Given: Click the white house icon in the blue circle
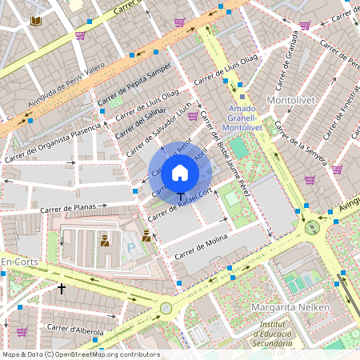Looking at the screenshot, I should [x=180, y=172].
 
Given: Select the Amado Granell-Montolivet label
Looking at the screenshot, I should [x=242, y=118].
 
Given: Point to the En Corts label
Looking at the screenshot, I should [x=19, y=262].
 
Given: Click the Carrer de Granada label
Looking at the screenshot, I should [x=288, y=60].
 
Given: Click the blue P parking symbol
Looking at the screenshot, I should [x=131, y=249].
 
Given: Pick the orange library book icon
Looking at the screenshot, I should [x=35, y=21].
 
